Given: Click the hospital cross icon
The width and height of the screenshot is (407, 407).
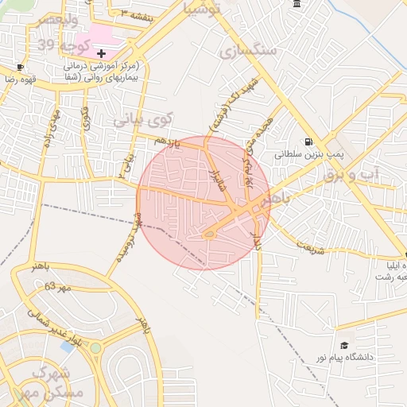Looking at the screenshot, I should pos(101,52).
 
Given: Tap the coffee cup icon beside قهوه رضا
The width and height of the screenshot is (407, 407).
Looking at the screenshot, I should pos(20,67).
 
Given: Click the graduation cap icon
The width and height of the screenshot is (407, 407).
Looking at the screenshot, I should pos(344,344).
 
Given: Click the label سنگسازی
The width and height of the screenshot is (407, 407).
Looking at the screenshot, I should pos(248,50).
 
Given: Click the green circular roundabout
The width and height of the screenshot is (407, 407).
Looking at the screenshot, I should pos(95,347).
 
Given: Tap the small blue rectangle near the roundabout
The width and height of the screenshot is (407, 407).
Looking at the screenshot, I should pos(68,346).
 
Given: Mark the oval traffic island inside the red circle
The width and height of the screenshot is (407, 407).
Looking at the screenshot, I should pos(210,234).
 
